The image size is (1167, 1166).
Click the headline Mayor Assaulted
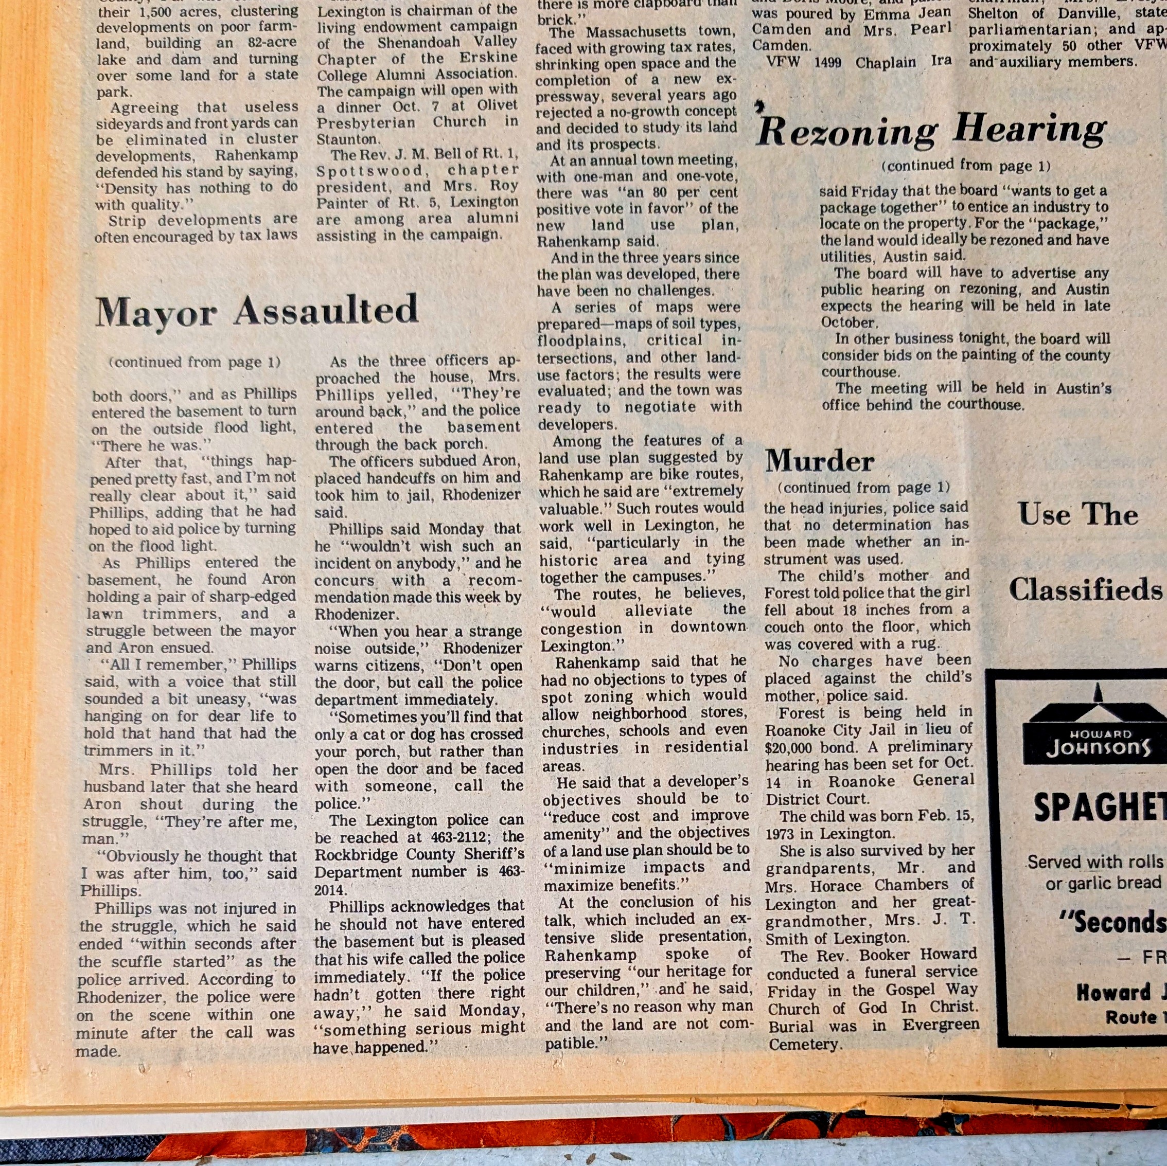[257, 312]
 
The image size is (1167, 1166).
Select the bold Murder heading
[819, 462]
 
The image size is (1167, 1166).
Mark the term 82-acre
[272, 42]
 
